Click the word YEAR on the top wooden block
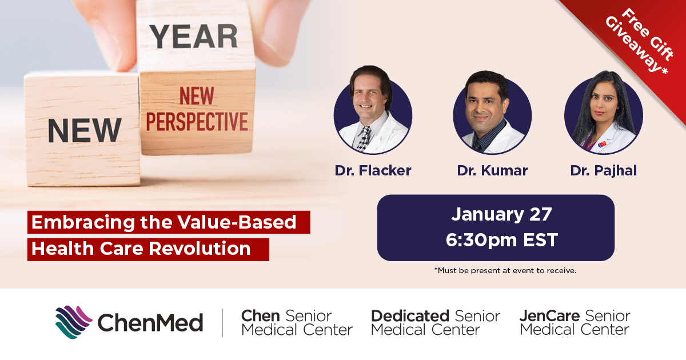194,37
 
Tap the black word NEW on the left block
85,130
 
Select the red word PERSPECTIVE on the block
197,122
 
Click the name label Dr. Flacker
373,170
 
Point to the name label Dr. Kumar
492,170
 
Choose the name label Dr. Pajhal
603,171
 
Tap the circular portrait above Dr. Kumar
492,113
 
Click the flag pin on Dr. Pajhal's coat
602,144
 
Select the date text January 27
501,214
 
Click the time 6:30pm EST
502,239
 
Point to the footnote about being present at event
505,271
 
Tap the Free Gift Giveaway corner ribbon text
640,42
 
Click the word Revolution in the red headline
200,248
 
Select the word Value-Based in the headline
237,222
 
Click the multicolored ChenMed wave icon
74,322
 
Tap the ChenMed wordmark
150,322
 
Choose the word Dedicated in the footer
410,316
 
